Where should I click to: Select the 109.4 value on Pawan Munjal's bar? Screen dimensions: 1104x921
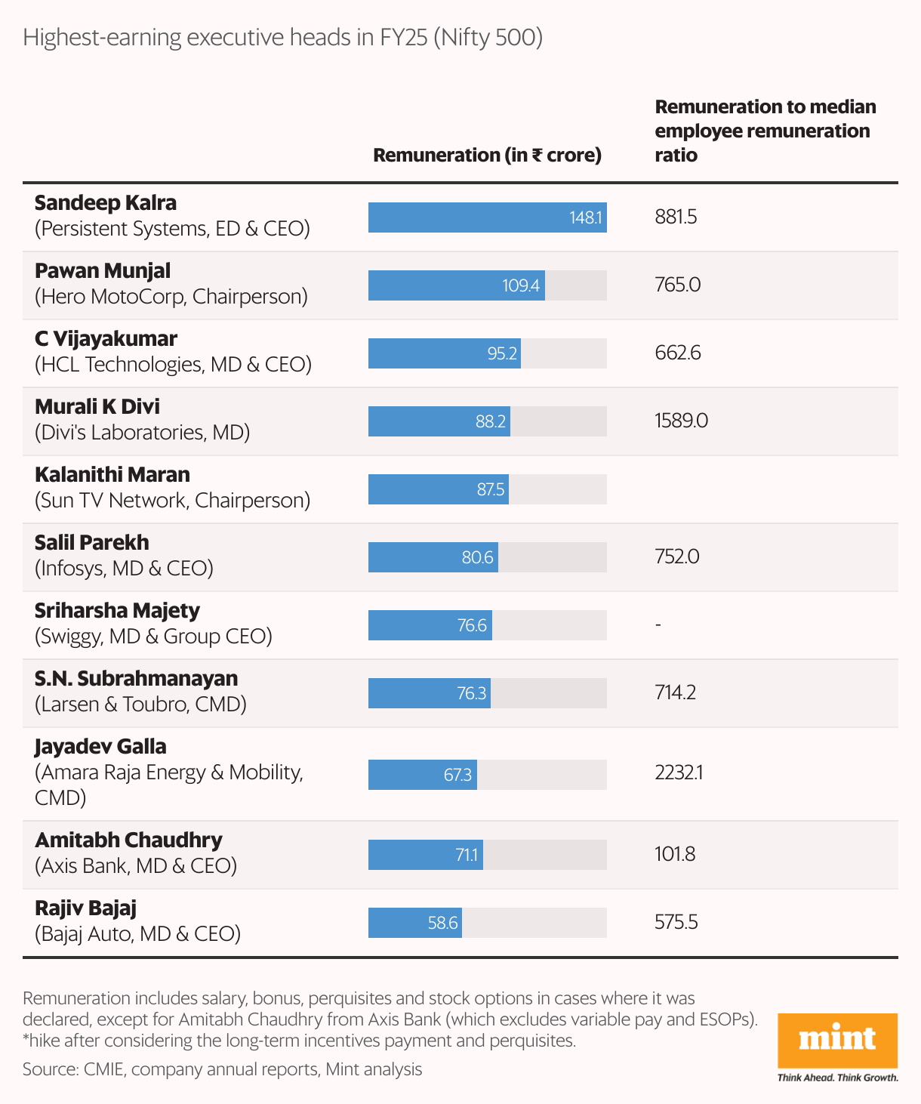coord(521,285)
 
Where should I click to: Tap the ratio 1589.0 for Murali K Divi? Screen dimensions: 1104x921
coord(681,421)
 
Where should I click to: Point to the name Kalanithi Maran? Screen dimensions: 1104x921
coord(112,474)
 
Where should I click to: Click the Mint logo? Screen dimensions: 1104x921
coord(837,1040)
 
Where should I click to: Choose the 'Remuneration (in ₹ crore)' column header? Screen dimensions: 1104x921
coord(487,155)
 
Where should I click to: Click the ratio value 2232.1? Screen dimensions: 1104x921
coord(679,772)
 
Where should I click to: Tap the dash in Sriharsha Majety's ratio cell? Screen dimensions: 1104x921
coord(658,624)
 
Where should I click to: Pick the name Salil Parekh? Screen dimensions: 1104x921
coord(92,542)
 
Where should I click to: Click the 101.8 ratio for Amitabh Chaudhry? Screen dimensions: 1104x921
coord(675,854)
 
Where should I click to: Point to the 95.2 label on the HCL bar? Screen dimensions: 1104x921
coord(502,353)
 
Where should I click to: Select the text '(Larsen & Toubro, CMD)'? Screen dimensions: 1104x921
coord(141,704)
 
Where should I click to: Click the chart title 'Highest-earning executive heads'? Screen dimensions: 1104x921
coord(282,38)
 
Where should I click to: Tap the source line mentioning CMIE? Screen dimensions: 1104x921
coord(222,1069)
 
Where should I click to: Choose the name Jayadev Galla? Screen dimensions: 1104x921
coord(100,746)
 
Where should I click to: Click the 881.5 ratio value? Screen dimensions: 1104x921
coord(676,217)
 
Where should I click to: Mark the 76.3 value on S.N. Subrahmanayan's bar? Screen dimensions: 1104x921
coord(472,693)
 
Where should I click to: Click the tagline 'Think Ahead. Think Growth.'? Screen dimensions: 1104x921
coord(837,1078)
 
